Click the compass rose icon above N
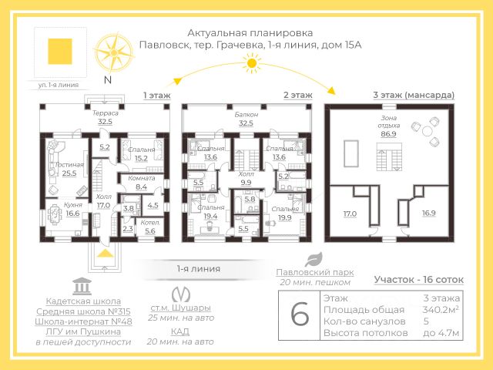click(113, 51)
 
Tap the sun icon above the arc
click(250, 67)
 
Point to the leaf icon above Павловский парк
click(313, 260)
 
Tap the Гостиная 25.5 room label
click(69, 170)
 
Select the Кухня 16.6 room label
click(73, 209)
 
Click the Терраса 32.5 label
click(105, 117)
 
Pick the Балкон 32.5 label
click(246, 117)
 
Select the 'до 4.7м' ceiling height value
click(441, 333)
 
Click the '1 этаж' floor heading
click(156, 95)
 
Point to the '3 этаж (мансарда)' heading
click(413, 95)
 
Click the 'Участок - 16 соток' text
click(417, 281)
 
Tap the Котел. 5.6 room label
click(150, 227)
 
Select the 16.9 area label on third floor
click(429, 213)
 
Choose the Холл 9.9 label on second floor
click(246, 179)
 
